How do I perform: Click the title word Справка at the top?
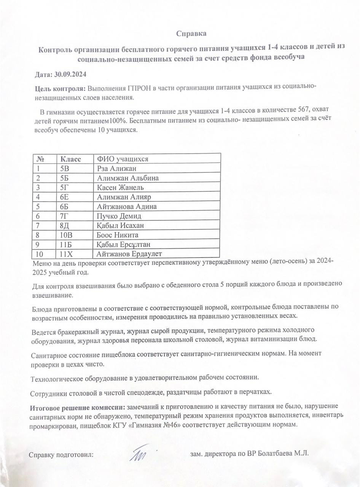point(191,34)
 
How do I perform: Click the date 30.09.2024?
point(68,74)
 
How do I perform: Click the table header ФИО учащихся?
point(122,159)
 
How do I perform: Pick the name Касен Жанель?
point(120,188)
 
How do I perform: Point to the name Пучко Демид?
point(119,216)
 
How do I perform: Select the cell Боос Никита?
point(118,235)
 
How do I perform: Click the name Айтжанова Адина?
point(127,207)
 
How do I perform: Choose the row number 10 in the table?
point(39,254)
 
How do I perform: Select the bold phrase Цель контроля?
point(60,89)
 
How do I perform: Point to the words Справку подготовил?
point(61,455)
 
